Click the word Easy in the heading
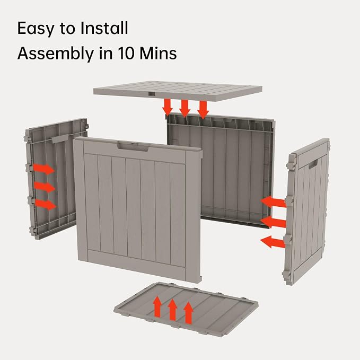[36, 29]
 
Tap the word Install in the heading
[104, 28]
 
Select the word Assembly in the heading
[55, 54]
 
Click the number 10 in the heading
[127, 53]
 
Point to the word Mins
[158, 53]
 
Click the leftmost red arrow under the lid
[168, 107]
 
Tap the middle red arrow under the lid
[185, 108]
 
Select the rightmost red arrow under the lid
[203, 110]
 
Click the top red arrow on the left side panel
[44, 169]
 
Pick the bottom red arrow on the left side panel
[46, 204]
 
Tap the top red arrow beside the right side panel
[273, 202]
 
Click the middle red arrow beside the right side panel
[273, 222]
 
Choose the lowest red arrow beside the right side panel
[273, 242]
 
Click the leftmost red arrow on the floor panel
[157, 306]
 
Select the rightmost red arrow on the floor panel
[189, 313]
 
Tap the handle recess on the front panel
[133, 146]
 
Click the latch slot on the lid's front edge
[152, 94]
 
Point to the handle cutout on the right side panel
[313, 164]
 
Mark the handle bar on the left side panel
[60, 139]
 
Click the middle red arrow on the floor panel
[172, 310]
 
